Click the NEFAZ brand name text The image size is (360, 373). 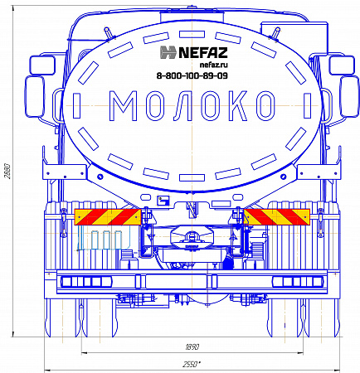pos(203,52)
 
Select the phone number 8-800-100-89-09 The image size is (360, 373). pos(192,75)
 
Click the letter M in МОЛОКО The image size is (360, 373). pos(124,106)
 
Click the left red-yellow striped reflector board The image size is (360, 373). pos(108,216)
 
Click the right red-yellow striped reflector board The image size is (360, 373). pos(277,216)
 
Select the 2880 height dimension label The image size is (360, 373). pos(8,172)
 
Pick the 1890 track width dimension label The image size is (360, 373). pos(192,346)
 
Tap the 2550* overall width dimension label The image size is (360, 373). pos(192,365)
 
